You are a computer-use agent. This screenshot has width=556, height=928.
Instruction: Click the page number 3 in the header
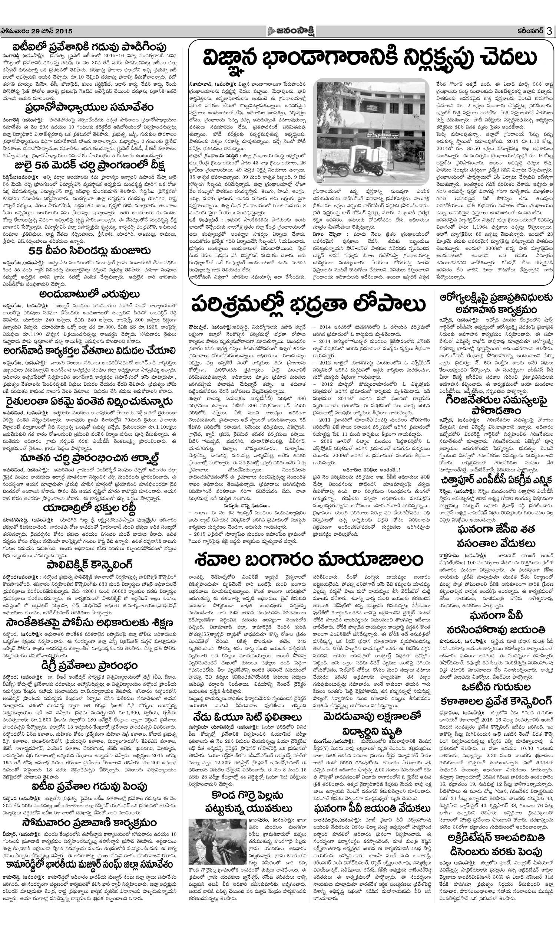[549, 31]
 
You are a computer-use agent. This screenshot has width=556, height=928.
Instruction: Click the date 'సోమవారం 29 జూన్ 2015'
[37, 32]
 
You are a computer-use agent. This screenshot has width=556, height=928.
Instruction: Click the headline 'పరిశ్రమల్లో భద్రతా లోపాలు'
[309, 304]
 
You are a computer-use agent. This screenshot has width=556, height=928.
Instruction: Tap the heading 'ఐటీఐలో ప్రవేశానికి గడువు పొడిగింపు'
[90, 45]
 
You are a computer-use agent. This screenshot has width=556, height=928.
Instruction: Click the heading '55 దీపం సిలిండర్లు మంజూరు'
[90, 251]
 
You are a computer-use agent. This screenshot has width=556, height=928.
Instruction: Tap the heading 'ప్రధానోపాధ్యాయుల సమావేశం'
[90, 107]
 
